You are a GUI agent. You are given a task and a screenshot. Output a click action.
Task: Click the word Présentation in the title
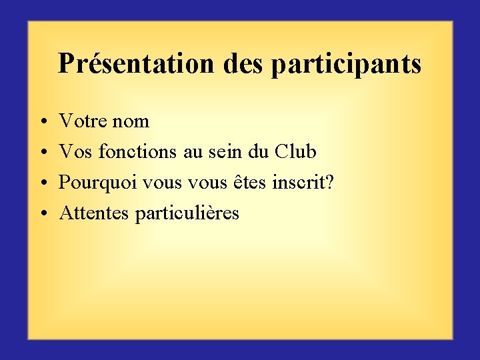[136, 64]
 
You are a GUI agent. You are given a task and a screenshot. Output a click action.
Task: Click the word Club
[295, 152]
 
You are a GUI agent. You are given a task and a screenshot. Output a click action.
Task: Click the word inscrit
[298, 183]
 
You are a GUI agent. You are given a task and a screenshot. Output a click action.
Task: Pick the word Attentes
[94, 213]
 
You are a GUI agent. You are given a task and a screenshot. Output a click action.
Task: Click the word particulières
[187, 214]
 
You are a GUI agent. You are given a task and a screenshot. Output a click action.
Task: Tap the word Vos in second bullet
[76, 152]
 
